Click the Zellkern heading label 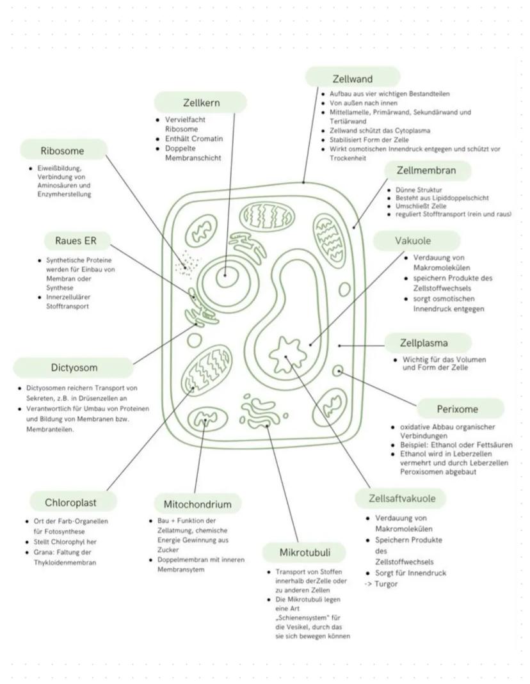(200, 102)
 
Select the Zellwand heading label (352, 79)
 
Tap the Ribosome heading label (63, 151)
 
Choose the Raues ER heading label (77, 241)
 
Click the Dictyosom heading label (74, 367)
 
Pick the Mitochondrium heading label (197, 503)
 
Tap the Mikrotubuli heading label (304, 552)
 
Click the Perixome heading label (457, 408)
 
